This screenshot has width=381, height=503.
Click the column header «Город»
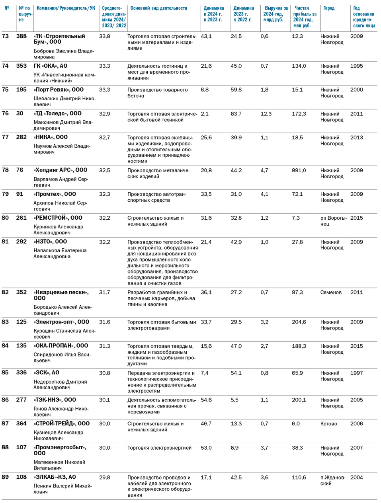(329, 8)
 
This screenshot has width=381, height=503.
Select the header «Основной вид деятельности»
(159, 8)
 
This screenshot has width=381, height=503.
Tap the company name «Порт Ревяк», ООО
(59, 90)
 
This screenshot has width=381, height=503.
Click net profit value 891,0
(299, 170)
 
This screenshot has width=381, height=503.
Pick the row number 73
(5, 36)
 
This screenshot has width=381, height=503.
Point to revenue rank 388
(21, 36)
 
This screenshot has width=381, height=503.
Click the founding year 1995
(357, 66)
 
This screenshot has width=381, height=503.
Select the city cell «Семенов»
(331, 292)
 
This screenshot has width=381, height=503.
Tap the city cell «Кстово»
(329, 424)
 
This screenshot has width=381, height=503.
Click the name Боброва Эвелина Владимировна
(64, 54)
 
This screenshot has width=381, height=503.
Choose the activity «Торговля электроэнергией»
(159, 448)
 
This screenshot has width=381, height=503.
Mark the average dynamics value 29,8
(105, 478)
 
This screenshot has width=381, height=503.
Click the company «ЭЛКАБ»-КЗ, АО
(55, 477)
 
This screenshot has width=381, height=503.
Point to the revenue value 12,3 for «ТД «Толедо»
(266, 114)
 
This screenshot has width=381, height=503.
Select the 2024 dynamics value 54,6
(206, 400)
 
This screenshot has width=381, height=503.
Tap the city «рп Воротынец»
(334, 221)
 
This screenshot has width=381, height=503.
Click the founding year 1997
(357, 373)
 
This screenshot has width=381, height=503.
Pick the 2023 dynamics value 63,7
(236, 114)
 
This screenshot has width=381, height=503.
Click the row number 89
(5, 477)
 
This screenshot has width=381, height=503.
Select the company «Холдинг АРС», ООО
(61, 170)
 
